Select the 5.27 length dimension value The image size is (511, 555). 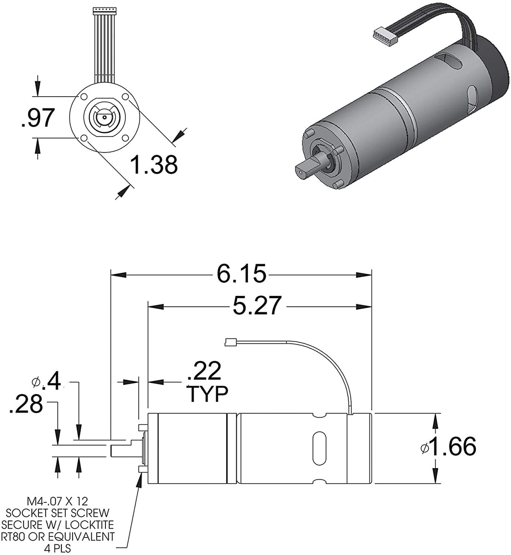pos(257,306)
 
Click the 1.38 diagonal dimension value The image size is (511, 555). pos(154,165)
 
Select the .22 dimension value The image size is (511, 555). pos(204,372)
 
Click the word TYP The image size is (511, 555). pos(207,395)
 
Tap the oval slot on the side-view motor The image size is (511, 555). pos(319,445)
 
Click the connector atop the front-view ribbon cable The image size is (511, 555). pos(104,9)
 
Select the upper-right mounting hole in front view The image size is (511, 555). pos(126,97)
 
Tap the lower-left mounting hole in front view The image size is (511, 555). pos(83,138)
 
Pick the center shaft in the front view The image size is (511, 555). pos(105,117)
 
